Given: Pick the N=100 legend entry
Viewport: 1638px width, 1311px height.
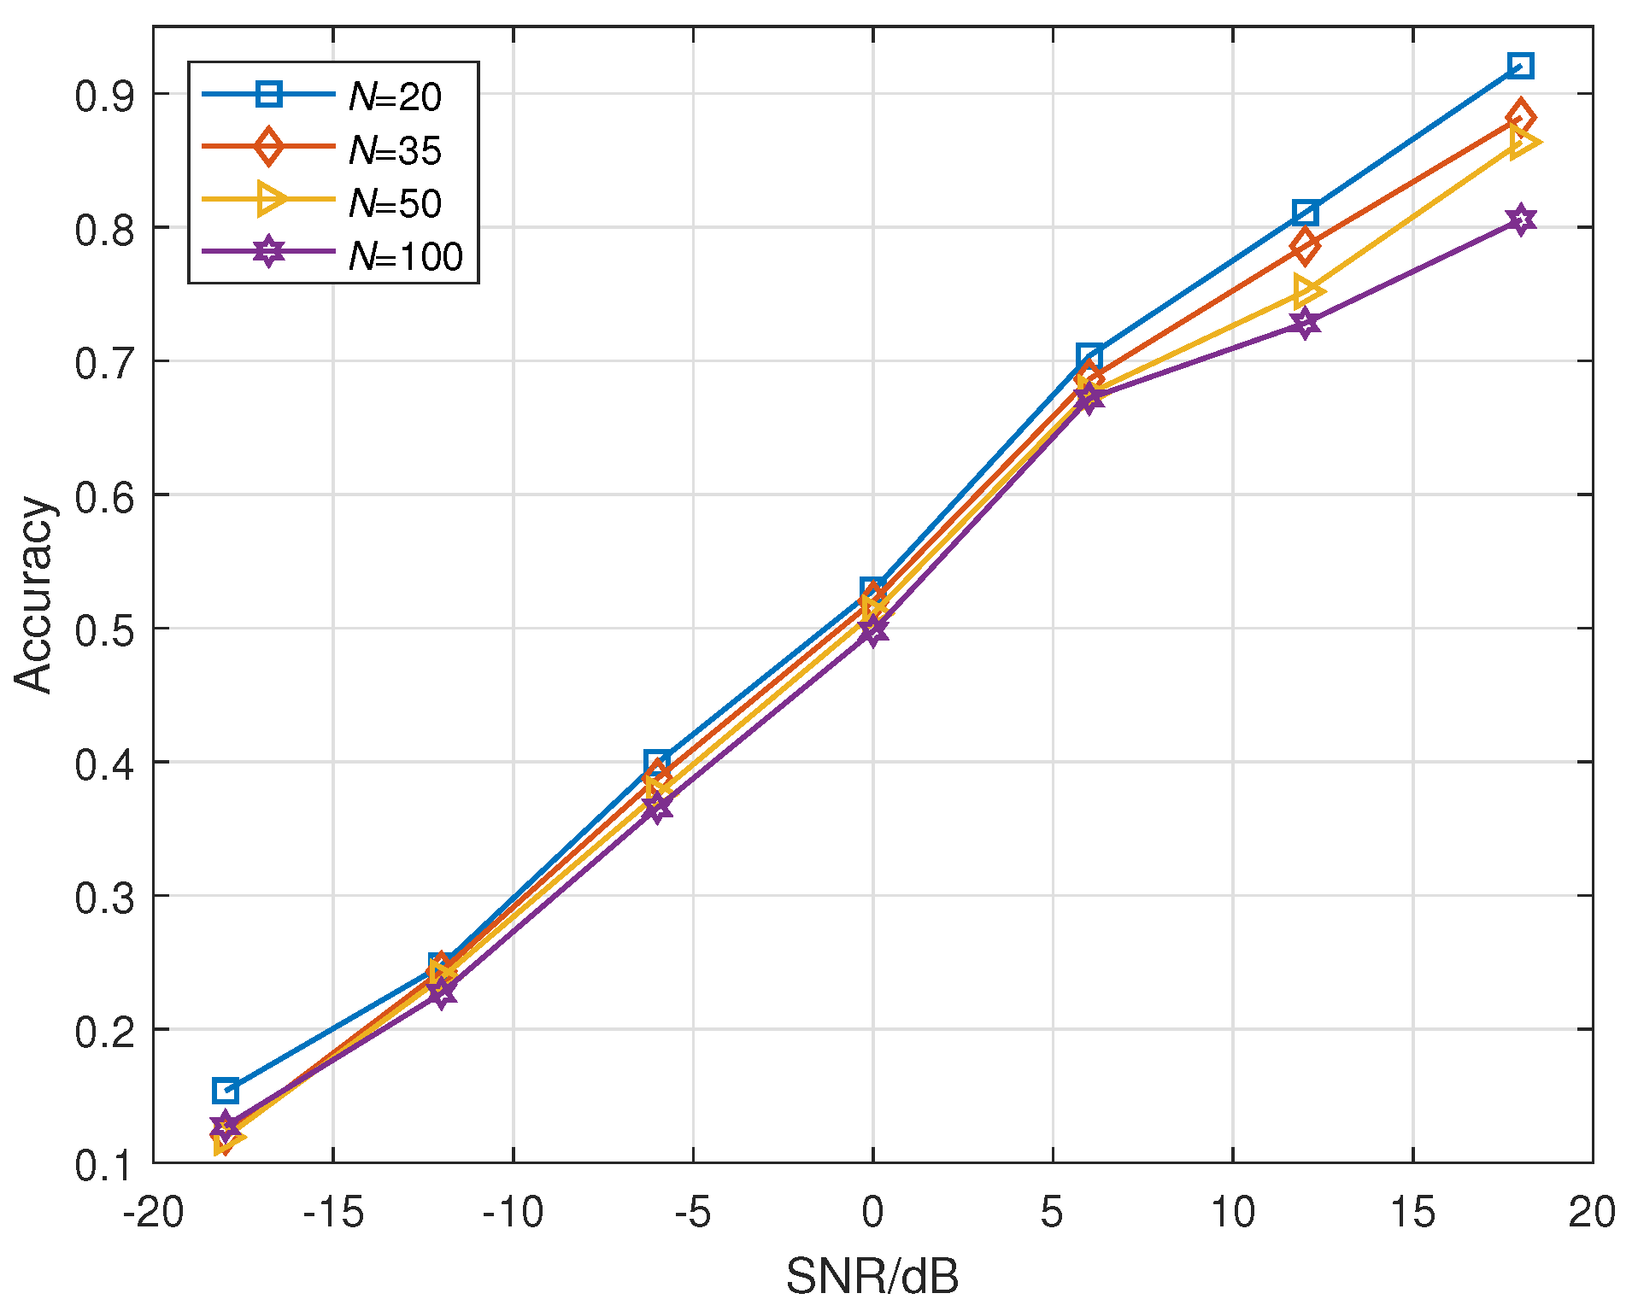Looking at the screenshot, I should coord(404,256).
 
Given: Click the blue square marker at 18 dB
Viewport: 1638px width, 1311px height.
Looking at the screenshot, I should coord(1520,66).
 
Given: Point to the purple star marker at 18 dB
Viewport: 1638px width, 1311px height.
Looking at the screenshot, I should coord(1520,219).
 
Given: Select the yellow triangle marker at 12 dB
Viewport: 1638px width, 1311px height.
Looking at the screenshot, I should coord(1307,290).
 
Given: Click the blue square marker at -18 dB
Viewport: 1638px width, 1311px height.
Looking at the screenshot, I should coord(226,1091).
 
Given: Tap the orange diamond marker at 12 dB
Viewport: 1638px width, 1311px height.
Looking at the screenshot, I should coord(1305,246).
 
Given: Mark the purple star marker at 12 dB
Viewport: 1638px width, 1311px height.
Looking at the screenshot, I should coord(1305,324).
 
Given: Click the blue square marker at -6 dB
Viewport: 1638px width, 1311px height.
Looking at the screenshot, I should coord(656,762).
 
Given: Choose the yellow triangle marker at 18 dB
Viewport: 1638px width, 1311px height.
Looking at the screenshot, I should coord(1524,142).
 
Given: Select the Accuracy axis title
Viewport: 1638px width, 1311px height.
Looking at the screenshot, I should coord(34,594).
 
